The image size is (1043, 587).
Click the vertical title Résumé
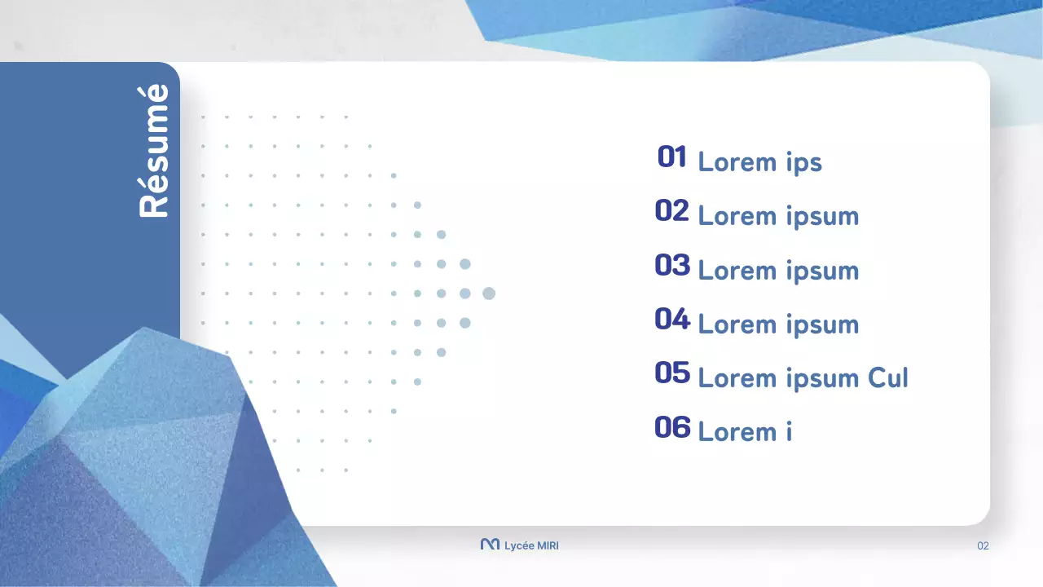click(154, 151)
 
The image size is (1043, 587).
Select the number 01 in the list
click(672, 157)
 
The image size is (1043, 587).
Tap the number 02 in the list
click(672, 211)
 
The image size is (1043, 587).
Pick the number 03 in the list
click(672, 265)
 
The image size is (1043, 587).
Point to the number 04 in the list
click(672, 320)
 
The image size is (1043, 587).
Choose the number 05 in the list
click(672, 373)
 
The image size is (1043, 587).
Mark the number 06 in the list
click(672, 427)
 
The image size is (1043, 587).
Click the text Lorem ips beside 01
click(759, 162)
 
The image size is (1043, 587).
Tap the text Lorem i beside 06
click(745, 432)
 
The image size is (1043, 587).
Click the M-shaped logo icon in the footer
click(490, 545)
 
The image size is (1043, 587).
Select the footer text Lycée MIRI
click(531, 545)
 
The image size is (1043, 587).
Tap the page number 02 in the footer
click(983, 545)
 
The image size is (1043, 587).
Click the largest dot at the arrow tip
click(489, 293)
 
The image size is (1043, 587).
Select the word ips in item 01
click(803, 163)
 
